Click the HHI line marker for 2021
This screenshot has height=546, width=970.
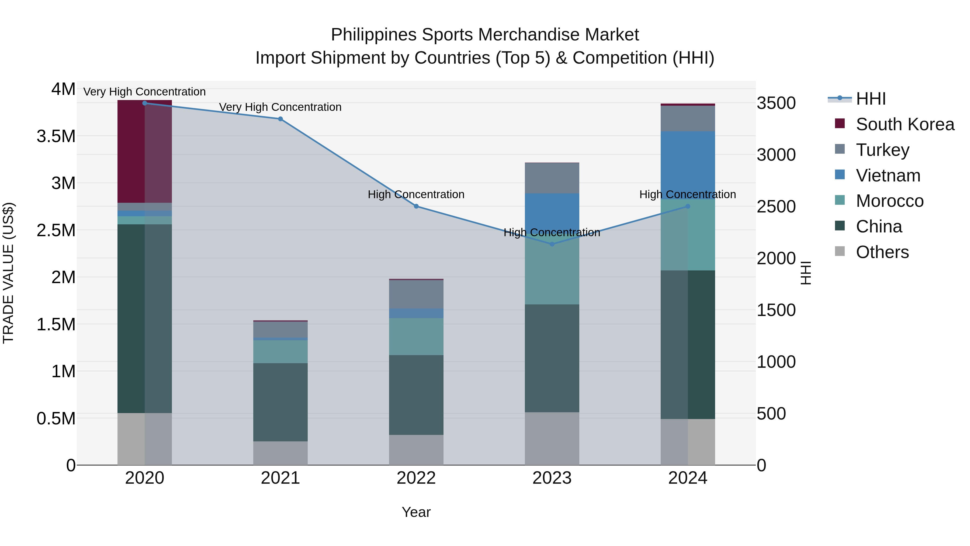(x=280, y=119)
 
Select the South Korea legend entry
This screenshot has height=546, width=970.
(x=905, y=124)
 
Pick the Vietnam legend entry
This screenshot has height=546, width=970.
(x=888, y=176)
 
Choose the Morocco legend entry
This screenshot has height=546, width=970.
(x=889, y=201)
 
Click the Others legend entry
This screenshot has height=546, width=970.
(x=882, y=252)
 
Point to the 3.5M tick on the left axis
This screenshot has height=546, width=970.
(x=56, y=136)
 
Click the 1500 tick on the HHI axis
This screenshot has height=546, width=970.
(x=776, y=310)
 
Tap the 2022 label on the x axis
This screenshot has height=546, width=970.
(x=416, y=478)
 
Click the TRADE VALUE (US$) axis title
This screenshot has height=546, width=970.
(x=8, y=273)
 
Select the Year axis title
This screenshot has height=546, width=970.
(x=416, y=512)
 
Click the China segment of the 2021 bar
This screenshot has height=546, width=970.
(x=280, y=402)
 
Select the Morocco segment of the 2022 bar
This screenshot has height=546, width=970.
(x=416, y=336)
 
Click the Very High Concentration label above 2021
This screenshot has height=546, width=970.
(x=280, y=107)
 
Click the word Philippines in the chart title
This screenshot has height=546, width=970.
(x=374, y=35)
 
